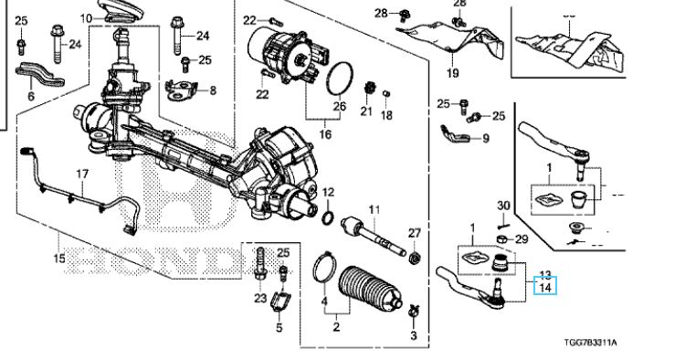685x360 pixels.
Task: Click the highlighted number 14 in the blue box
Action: (544, 288)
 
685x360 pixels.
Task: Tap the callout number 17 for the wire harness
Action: (82, 174)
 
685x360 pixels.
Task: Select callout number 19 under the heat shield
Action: (451, 73)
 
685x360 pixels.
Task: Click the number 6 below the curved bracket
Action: (30, 96)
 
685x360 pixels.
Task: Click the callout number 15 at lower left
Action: (59, 259)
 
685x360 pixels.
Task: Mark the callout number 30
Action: (502, 205)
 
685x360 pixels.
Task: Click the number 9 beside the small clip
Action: (485, 138)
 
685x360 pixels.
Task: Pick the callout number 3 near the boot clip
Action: (413, 337)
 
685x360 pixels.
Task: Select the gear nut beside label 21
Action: (370, 90)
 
